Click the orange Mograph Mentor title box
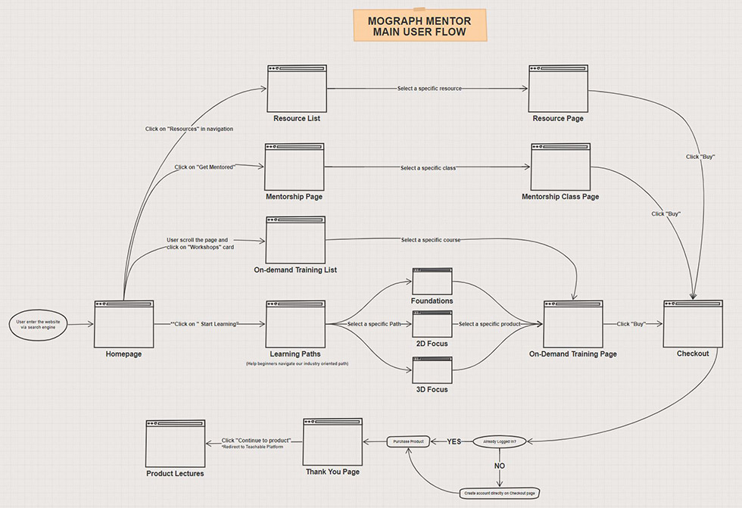pyautogui.click(x=419, y=26)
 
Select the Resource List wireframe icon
pyautogui.click(x=296, y=89)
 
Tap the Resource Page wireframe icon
pyautogui.click(x=559, y=89)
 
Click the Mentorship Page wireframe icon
pyautogui.click(x=294, y=167)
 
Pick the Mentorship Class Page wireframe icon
pyautogui.click(x=560, y=167)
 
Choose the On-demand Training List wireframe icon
pyautogui.click(x=295, y=240)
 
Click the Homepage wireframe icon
pyautogui.click(x=123, y=324)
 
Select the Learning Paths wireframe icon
pyautogui.click(x=295, y=324)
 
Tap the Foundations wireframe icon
pyautogui.click(x=432, y=281)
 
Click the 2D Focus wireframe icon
pyautogui.click(x=432, y=324)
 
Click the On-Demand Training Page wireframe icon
pyautogui.click(x=573, y=324)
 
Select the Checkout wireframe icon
pyautogui.click(x=693, y=324)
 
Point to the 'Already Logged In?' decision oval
pyautogui.click(x=500, y=441)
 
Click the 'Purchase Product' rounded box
pyautogui.click(x=410, y=441)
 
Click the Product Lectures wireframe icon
pyautogui.click(x=175, y=443)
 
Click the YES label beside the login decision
pyautogui.click(x=454, y=441)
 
